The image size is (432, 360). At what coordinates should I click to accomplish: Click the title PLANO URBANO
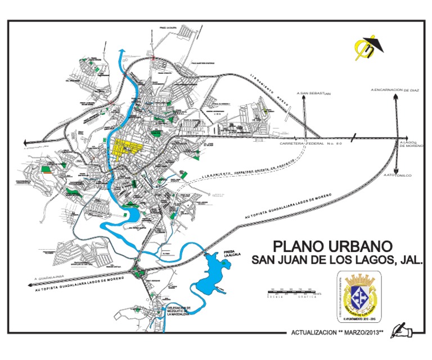(331, 246)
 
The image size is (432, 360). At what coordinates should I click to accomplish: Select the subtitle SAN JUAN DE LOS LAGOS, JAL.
(336, 260)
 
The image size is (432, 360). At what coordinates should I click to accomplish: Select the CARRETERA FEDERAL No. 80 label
(311, 144)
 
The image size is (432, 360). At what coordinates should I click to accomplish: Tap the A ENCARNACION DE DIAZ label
(395, 89)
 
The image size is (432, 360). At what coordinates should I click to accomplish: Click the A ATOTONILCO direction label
(397, 176)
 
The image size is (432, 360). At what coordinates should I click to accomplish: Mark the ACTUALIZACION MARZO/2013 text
(337, 332)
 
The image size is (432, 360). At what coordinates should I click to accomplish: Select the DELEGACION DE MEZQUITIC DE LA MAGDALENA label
(180, 311)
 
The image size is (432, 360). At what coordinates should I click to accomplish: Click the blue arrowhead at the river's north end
(120, 52)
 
